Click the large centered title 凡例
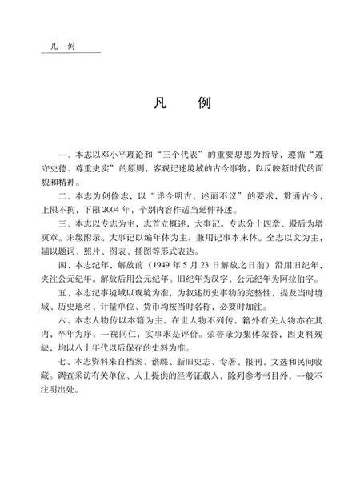[x=180, y=105]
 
